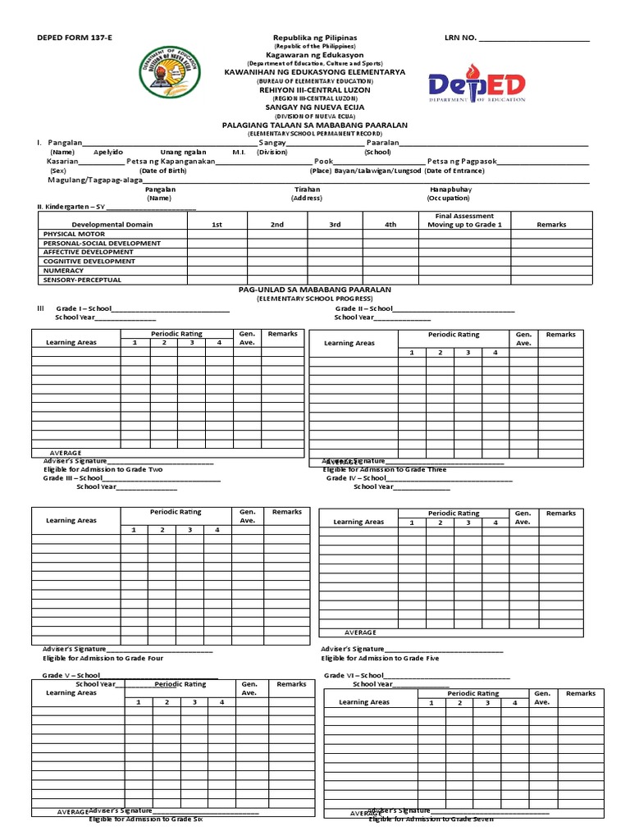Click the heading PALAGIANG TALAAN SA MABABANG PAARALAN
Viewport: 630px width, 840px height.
pyautogui.click(x=314, y=125)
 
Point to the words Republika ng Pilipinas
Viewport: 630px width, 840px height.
pyautogui.click(x=314, y=39)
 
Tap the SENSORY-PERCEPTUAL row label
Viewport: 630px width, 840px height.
pyautogui.click(x=82, y=280)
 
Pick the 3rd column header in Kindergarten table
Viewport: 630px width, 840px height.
pyautogui.click(x=335, y=224)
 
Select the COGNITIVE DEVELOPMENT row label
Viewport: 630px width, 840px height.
pyautogui.click(x=89, y=261)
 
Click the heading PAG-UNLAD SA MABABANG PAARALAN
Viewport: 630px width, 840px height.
pyautogui.click(x=314, y=290)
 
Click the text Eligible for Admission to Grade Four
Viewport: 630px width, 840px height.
pyautogui.click(x=103, y=658)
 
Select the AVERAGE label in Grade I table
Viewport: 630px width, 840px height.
pyautogui.click(x=66, y=453)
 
